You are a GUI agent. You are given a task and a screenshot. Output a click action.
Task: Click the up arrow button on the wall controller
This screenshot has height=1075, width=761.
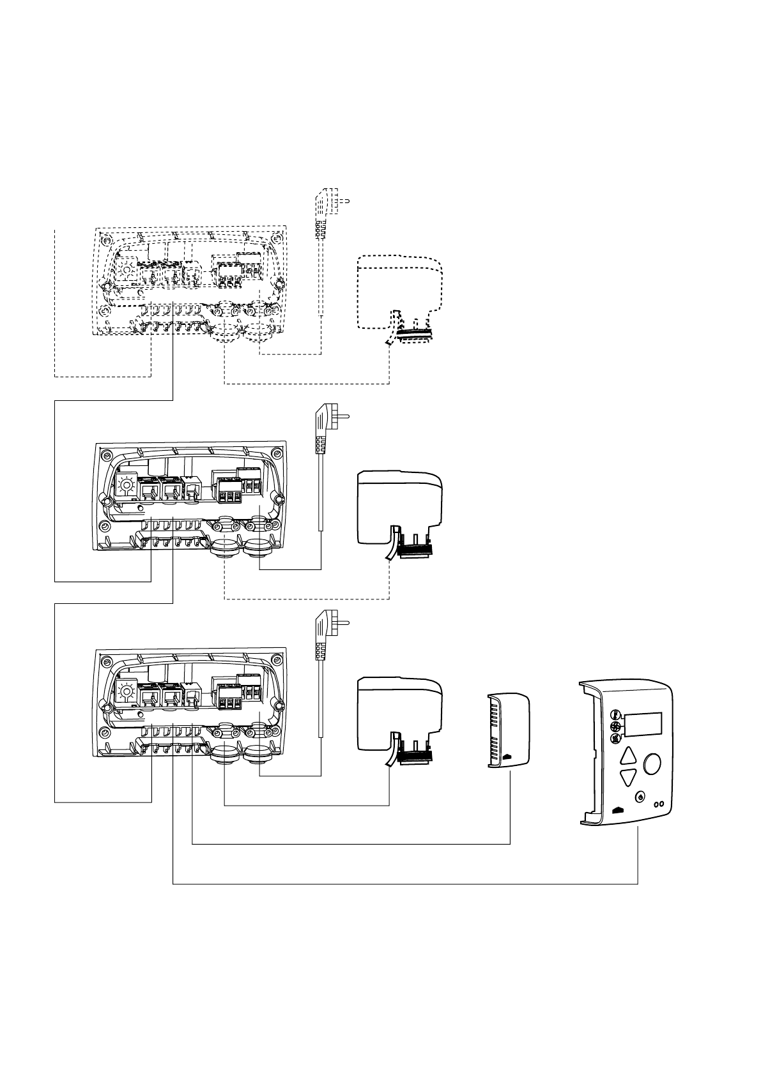[629, 756]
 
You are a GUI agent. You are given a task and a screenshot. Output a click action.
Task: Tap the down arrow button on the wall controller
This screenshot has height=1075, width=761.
[629, 778]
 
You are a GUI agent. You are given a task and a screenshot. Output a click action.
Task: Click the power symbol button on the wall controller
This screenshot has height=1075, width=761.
[641, 797]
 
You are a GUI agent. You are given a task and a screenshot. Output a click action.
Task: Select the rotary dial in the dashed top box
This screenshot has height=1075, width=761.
[127, 271]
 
